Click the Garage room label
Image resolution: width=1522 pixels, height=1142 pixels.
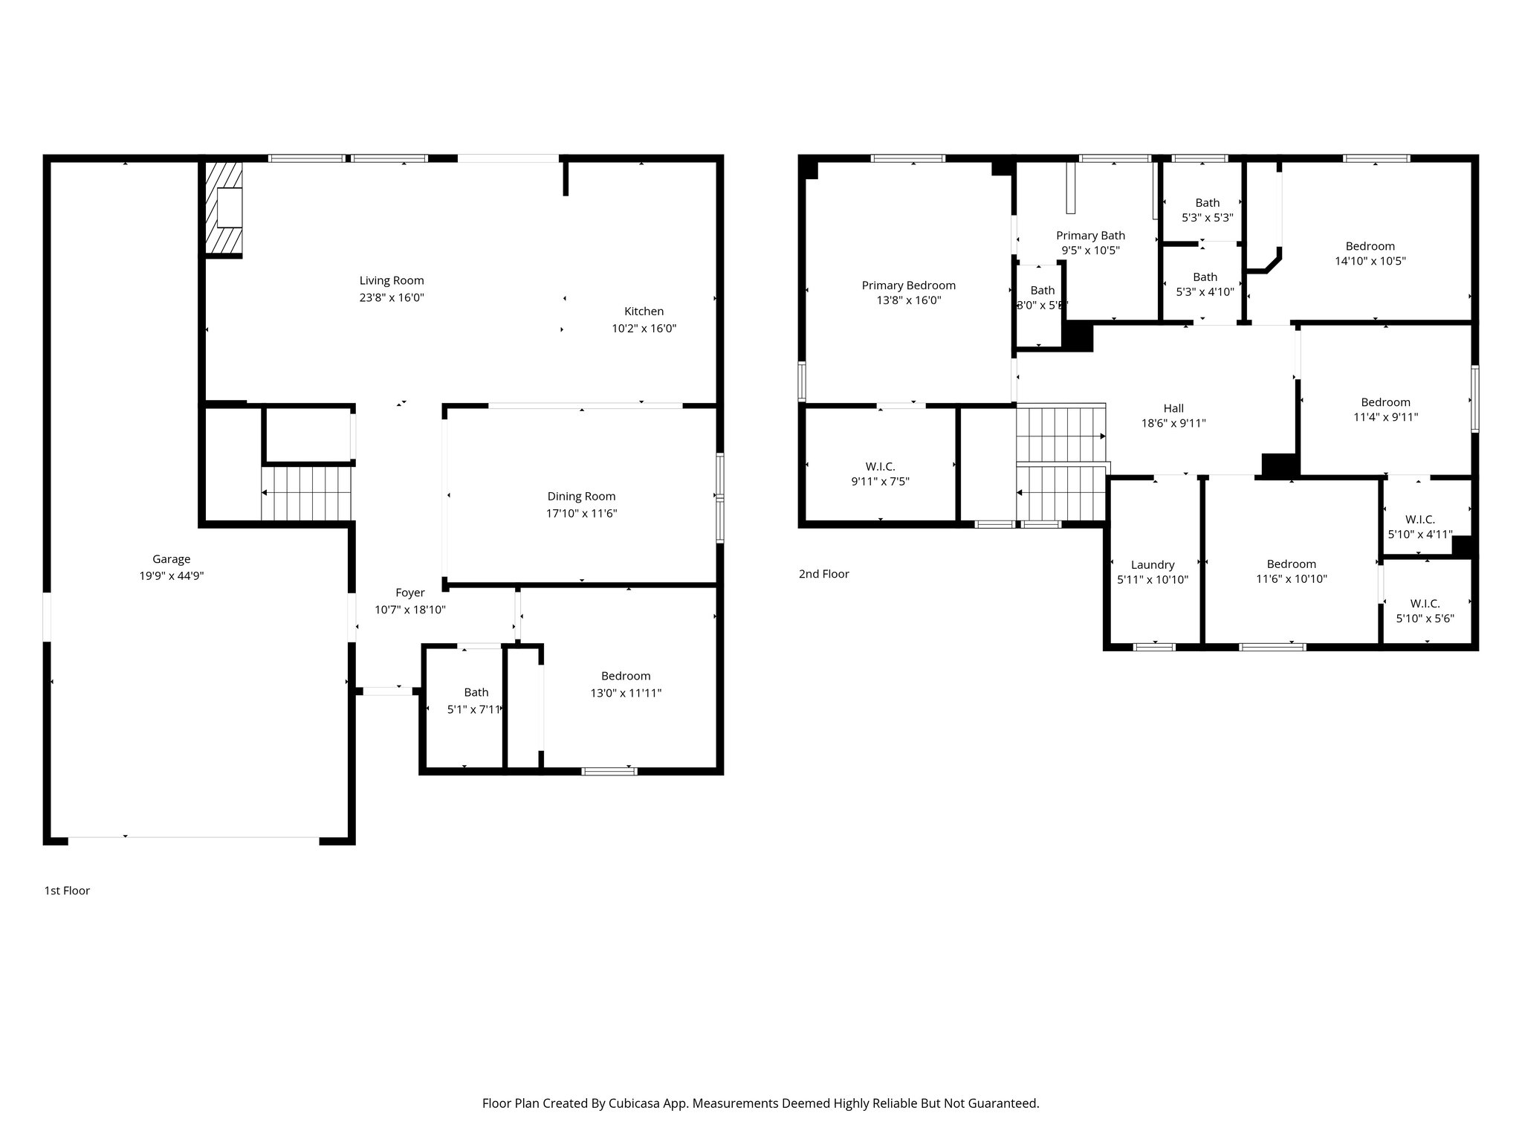tap(171, 559)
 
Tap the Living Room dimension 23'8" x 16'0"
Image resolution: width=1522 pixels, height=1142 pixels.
tap(391, 297)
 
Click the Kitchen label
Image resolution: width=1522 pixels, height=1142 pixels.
tap(644, 312)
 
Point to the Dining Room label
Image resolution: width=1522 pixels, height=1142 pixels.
tap(581, 497)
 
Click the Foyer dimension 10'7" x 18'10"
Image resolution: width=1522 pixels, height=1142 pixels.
tap(409, 610)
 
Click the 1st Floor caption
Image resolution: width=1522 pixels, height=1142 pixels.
tap(67, 891)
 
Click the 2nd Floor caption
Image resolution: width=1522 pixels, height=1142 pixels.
tap(823, 574)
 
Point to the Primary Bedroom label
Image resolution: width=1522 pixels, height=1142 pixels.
tap(908, 285)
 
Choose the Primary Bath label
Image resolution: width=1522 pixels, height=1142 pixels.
tap(1090, 236)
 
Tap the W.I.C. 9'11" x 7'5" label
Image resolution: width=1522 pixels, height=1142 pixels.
tap(880, 467)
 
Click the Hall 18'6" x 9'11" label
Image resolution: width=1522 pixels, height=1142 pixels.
tap(1173, 408)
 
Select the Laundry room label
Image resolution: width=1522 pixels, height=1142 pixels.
tap(1153, 565)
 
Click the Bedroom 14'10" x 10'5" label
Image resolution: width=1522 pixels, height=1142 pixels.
tap(1370, 246)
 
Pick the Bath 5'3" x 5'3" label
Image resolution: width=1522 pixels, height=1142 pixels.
tap(1207, 203)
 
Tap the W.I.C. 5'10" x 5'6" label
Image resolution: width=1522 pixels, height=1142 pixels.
tap(1425, 604)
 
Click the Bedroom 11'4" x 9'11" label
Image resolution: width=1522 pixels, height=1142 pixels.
tap(1385, 402)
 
